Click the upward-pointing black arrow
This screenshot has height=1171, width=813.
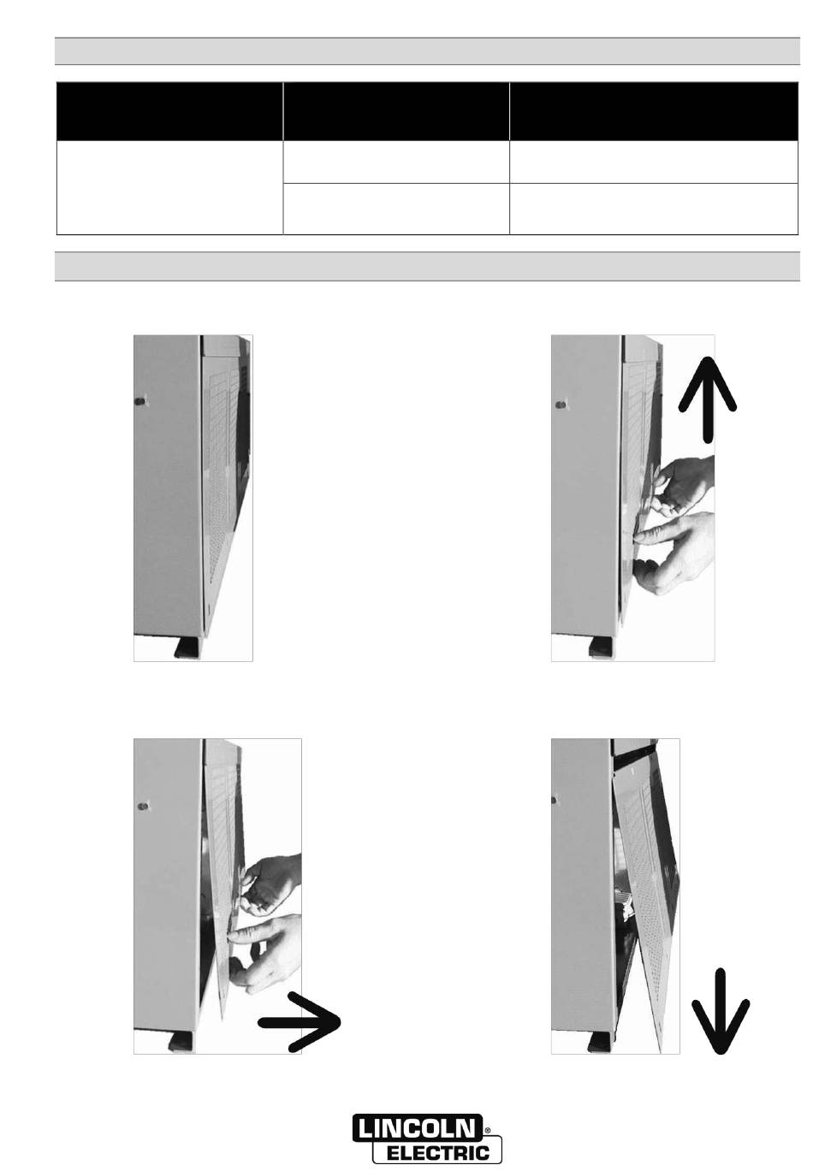point(708,400)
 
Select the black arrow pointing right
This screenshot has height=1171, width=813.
point(300,1022)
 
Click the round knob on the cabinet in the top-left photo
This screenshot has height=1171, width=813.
point(140,401)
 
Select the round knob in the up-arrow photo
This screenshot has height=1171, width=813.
point(560,404)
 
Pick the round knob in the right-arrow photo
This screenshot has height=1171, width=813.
point(141,806)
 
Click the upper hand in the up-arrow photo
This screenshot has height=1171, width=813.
point(684,485)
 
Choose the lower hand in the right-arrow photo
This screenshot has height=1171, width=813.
point(264,953)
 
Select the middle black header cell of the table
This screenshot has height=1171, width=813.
point(396,111)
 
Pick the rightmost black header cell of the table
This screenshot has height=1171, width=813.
point(654,111)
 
